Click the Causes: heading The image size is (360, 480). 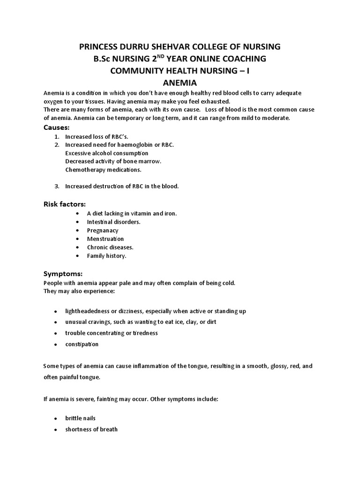tap(57, 127)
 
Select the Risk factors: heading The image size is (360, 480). tap(65, 204)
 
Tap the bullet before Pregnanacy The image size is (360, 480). tap(77, 231)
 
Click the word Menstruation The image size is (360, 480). tap(105, 239)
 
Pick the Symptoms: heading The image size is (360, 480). tap(63, 274)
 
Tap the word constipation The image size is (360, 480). tap(82, 344)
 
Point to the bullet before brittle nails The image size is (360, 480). tap(56, 418)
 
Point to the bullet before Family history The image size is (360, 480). tap(77, 256)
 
